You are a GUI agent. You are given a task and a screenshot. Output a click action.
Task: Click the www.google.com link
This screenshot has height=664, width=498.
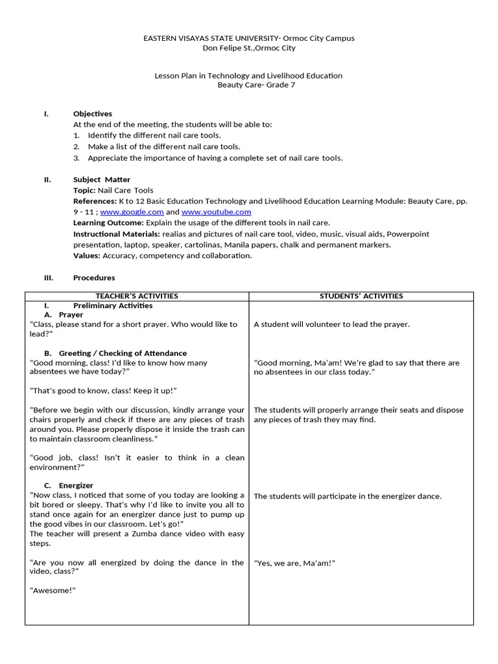tap(132, 212)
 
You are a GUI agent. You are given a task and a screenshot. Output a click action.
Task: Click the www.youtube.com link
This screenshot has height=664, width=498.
tap(216, 212)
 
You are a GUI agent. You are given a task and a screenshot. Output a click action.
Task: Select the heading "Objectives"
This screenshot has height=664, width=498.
tap(92, 114)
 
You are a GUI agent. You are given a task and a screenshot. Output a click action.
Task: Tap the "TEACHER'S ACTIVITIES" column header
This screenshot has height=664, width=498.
tap(136, 296)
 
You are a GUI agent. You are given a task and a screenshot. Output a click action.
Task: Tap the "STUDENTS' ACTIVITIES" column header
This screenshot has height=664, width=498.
tap(361, 296)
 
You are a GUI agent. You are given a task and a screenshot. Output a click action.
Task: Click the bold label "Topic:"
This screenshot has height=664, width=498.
tap(84, 191)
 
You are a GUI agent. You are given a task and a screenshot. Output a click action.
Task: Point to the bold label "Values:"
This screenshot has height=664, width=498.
tap(87, 255)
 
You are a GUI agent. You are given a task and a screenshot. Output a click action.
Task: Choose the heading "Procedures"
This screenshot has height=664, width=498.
tap(94, 278)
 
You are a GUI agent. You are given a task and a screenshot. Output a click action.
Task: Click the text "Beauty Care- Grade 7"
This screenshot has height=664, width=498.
tap(248, 85)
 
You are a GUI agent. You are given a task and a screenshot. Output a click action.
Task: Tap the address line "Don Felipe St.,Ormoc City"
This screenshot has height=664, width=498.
tap(248, 48)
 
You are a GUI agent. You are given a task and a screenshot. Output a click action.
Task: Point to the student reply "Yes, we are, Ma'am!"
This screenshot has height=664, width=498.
tap(294, 563)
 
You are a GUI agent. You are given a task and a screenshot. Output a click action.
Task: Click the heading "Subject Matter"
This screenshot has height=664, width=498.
tap(101, 180)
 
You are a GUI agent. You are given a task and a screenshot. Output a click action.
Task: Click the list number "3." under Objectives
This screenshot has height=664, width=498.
tap(76, 158)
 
